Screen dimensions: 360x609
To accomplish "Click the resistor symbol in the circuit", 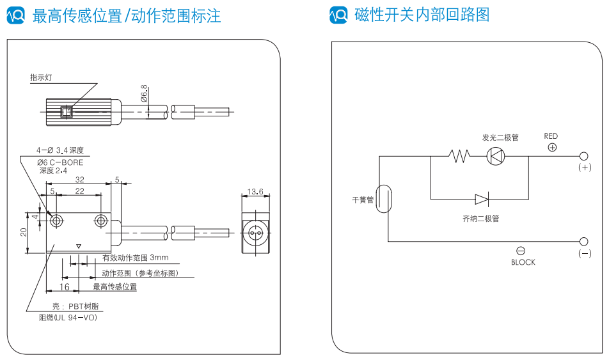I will click(x=459, y=156).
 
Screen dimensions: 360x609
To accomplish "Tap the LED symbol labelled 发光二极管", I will click(x=496, y=156).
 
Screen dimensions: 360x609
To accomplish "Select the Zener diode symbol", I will click(x=482, y=199).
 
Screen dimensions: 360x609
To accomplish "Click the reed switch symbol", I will click(x=383, y=198).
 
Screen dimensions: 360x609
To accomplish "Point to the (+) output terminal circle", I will click(x=583, y=156).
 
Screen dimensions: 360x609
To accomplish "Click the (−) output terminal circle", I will click(x=583, y=241).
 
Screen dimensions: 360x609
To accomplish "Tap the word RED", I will click(x=551, y=136).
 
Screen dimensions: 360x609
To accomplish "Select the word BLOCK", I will click(x=523, y=262).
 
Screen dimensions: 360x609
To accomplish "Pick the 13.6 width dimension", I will click(x=255, y=191).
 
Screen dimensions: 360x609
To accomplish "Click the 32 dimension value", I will click(x=80, y=180).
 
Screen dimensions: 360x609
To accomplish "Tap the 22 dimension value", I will click(x=80, y=191).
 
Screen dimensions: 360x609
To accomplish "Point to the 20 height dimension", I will click(x=23, y=233).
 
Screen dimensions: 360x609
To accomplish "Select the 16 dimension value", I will click(x=65, y=287).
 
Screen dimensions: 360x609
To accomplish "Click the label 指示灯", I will click(x=41, y=77).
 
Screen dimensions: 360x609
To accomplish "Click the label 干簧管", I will click(x=362, y=200).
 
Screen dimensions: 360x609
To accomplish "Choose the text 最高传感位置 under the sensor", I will click(x=115, y=287).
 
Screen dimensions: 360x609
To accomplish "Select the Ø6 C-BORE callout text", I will click(x=60, y=162).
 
